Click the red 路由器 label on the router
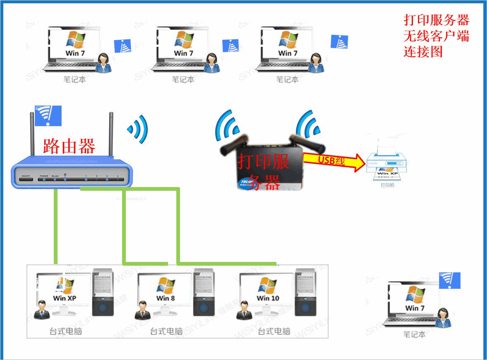coord(69,146)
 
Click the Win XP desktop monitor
coord(64,291)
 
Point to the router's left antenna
coord(32,134)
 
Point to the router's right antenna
coord(111,134)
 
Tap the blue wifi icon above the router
coord(48,115)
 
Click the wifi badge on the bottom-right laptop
coord(449,280)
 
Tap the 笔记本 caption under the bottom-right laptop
coord(414,334)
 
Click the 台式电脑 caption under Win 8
coord(166,331)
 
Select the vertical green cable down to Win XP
coord(55,226)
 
